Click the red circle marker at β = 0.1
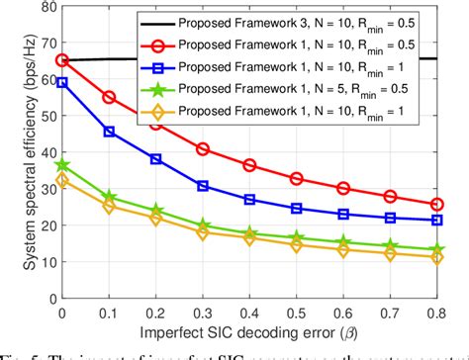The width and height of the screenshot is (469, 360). [109, 97]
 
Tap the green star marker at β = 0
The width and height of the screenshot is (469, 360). [62, 164]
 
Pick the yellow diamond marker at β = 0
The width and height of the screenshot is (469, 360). [62, 181]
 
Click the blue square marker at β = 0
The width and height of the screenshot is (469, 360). [62, 83]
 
